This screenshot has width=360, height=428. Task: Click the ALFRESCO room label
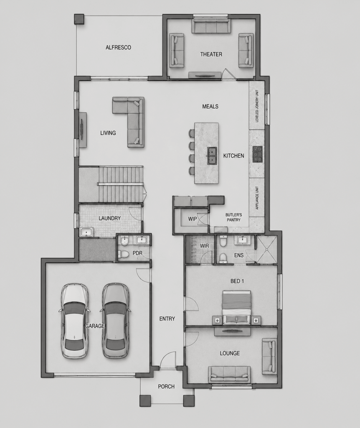pyautogui.click(x=118, y=48)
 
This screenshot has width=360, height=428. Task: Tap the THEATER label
pyautogui.click(x=211, y=54)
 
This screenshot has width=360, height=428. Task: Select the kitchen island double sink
pyautogui.click(x=212, y=155)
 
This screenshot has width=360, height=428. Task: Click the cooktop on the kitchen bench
pyautogui.click(x=257, y=155)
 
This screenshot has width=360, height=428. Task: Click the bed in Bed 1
pyautogui.click(x=236, y=308)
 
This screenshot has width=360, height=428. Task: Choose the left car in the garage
pyautogui.click(x=74, y=321)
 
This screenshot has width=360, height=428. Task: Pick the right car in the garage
pyautogui.click(x=115, y=321)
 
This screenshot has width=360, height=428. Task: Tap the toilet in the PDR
pyautogui.click(x=123, y=254)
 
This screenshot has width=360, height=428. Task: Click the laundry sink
pyautogui.click(x=87, y=232)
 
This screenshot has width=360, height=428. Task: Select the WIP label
pyautogui.click(x=192, y=219)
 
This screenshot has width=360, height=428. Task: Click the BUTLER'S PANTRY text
pyautogui.click(x=233, y=217)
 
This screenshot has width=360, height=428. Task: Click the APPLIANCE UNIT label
pyautogui.click(x=257, y=198)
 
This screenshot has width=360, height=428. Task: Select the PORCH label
pyautogui.click(x=166, y=387)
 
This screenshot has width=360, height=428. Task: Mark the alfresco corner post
pyautogui.click(x=79, y=19)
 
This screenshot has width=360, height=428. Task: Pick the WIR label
pyautogui.click(x=204, y=246)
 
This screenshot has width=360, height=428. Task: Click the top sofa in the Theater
pyautogui.click(x=210, y=26)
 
